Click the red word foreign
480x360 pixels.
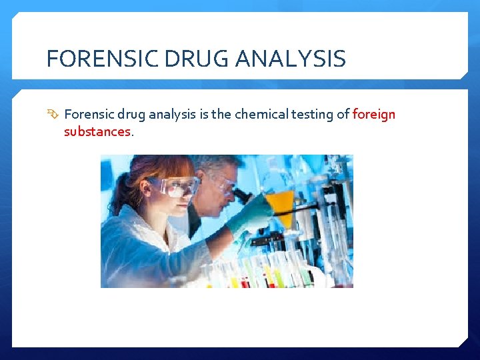pos(374,114)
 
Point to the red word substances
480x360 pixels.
pos(97,131)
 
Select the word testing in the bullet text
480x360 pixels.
pos(314,114)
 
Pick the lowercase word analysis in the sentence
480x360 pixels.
pos(173,114)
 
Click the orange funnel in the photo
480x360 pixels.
pos(279,203)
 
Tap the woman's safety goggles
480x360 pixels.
pos(174,186)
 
